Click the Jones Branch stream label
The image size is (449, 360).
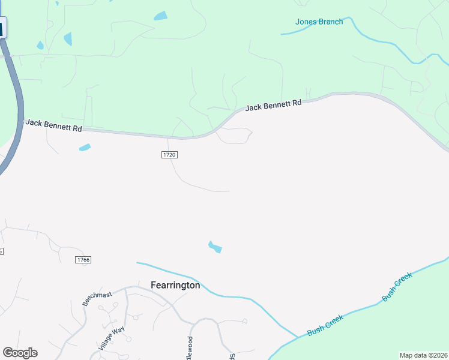pyautogui.click(x=319, y=22)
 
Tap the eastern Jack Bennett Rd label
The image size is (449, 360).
pyautogui.click(x=273, y=106)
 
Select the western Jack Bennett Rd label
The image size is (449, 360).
pyautogui.click(x=53, y=125)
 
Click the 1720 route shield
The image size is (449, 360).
pyautogui.click(x=169, y=155)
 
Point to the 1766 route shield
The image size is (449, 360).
pyautogui.click(x=83, y=259)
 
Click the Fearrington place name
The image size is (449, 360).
pyautogui.click(x=175, y=286)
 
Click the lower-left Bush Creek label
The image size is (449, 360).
pyautogui.click(x=325, y=328)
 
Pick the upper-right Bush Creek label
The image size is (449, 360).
pyautogui.click(x=397, y=287)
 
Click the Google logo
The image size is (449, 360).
pyautogui.click(x=20, y=353)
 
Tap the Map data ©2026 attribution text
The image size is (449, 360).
pyautogui.click(x=423, y=355)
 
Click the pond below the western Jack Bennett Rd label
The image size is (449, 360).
pyautogui.click(x=85, y=147)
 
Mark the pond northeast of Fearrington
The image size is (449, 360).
pyautogui.click(x=214, y=246)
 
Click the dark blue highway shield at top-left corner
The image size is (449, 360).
pyautogui.click(x=2, y=28)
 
